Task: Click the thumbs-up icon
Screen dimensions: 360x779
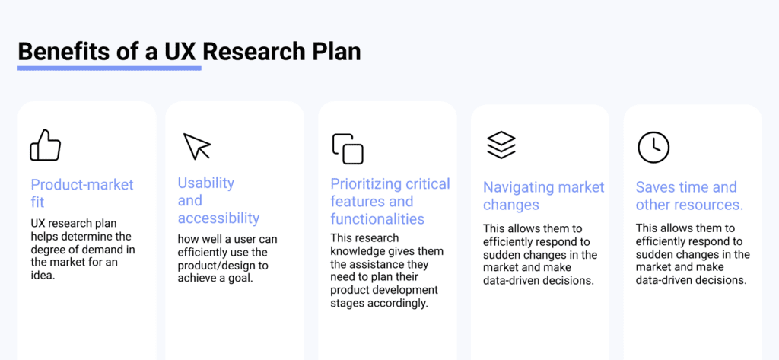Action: (45, 145)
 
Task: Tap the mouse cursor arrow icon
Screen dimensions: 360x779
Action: (196, 146)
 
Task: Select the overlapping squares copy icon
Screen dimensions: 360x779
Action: (348, 148)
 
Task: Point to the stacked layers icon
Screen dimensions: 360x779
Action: (501, 145)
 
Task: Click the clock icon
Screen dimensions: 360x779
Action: (653, 147)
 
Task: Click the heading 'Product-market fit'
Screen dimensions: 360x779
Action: (81, 193)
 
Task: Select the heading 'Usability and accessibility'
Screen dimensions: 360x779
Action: (218, 200)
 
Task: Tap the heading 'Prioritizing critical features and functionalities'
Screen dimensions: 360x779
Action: (389, 201)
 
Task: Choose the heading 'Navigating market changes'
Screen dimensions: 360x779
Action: (543, 196)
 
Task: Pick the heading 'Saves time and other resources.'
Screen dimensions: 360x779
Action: (689, 196)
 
